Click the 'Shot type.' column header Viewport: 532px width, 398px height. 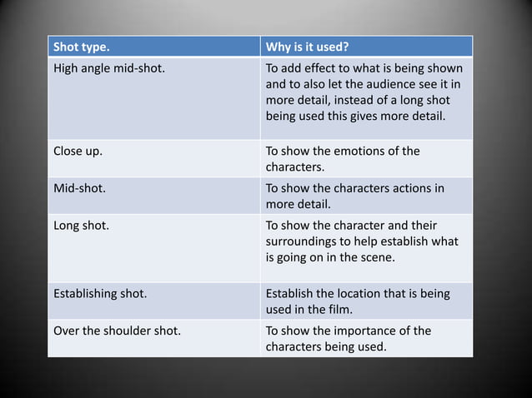82,46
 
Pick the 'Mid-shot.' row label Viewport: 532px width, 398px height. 79,188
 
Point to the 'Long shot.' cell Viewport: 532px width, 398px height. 80,225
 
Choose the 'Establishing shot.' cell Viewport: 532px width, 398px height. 99,294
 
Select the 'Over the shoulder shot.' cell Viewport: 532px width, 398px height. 117,331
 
